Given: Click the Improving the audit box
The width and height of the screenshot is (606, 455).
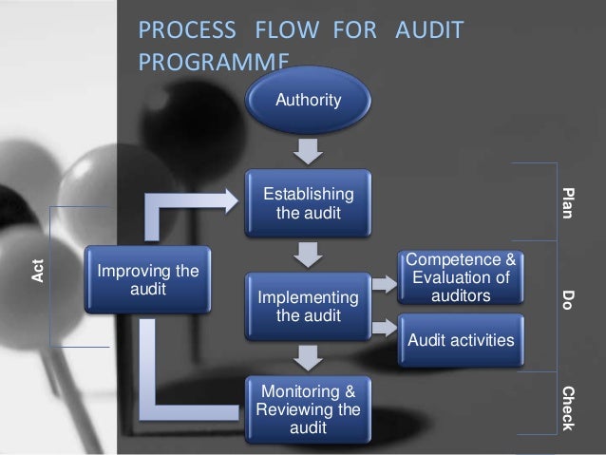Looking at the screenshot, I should pyautogui.click(x=142, y=280).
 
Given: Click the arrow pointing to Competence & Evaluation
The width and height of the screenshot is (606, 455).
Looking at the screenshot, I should pyautogui.click(x=384, y=283).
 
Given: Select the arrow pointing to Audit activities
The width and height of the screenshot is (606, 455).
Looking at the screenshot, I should pyautogui.click(x=384, y=327).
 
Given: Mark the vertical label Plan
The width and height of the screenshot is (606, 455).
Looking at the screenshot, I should pyautogui.click(x=568, y=202).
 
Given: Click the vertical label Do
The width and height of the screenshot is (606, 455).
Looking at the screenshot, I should pyautogui.click(x=568, y=300).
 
